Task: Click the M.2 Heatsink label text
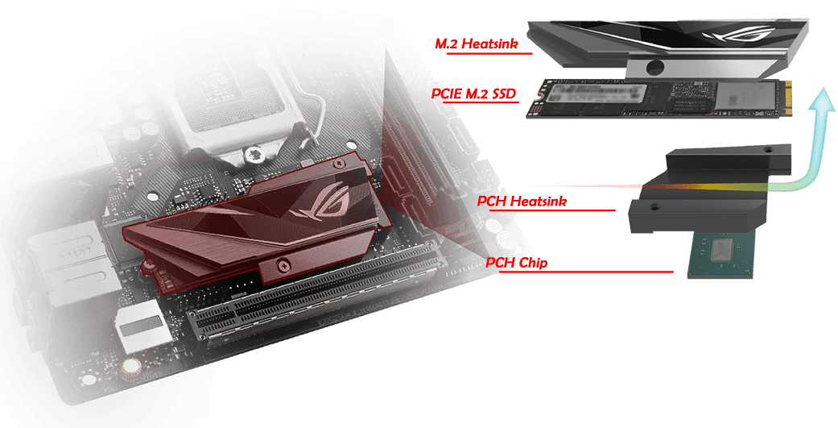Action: [x=477, y=44]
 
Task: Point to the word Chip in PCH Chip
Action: [x=532, y=263]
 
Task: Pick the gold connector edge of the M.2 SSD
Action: [x=788, y=98]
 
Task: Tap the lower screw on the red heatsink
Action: [x=283, y=264]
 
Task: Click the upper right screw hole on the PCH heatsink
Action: [x=768, y=149]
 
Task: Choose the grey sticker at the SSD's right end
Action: [x=746, y=98]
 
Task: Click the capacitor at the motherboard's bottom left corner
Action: [x=130, y=368]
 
